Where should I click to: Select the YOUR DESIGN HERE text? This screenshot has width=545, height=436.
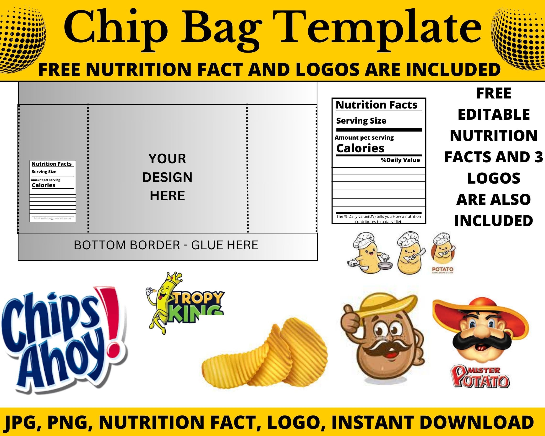pos(167,177)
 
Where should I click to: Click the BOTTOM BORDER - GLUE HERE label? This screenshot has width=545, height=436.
pos(166,245)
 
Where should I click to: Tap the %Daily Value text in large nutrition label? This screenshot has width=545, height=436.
pos(400,160)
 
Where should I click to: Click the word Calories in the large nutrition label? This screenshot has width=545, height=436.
pos(360,148)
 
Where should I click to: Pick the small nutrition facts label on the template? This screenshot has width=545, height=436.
pos(53,191)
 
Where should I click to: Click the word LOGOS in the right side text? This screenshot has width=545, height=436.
pos(494,178)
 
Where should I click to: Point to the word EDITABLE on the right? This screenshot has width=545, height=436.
pos(494,114)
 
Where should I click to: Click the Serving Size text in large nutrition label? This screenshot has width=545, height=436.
pos(361,121)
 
